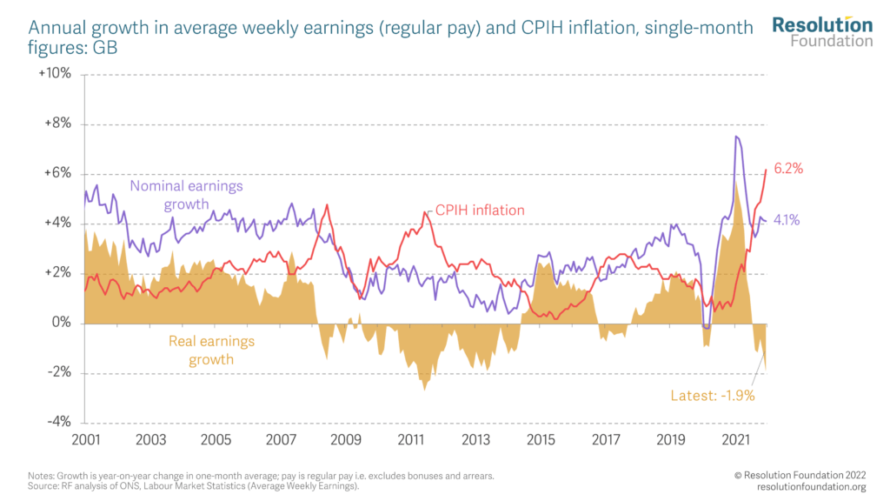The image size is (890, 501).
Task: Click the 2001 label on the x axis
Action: tap(84, 440)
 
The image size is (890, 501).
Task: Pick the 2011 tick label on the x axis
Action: tap(410, 440)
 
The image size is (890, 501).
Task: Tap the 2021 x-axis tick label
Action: tap(736, 440)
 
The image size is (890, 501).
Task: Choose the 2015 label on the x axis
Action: tap(541, 440)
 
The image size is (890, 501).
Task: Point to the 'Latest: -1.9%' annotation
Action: tap(712, 396)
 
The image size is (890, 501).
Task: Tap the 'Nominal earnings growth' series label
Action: tap(186, 195)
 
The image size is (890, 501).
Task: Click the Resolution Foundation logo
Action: tap(822, 30)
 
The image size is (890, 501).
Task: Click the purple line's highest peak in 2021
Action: tap(736, 136)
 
